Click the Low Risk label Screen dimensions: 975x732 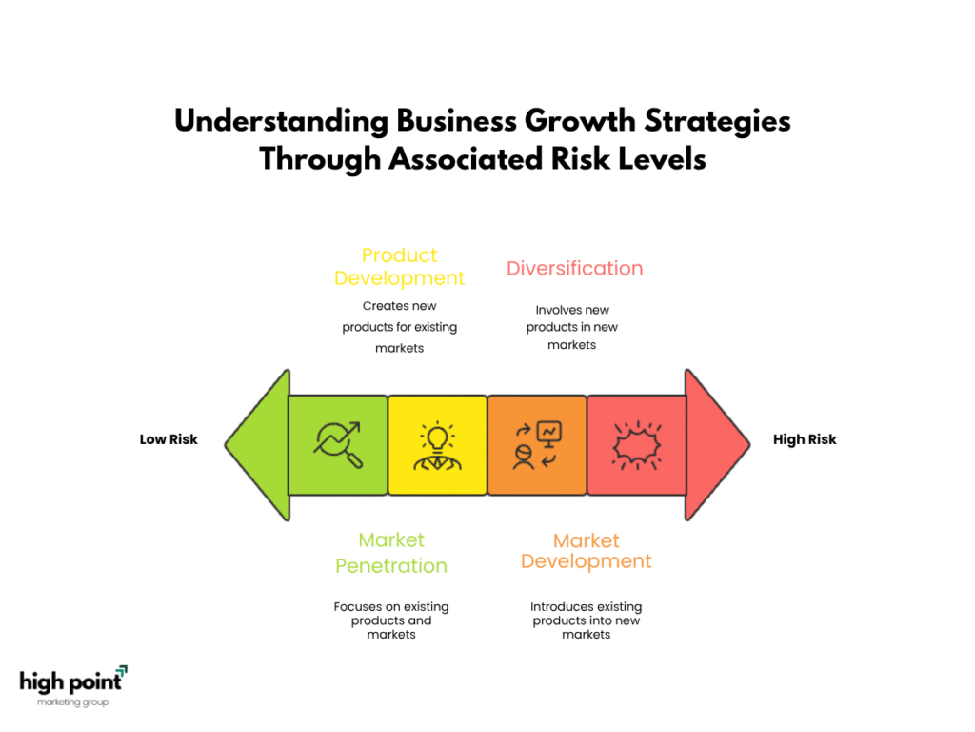169,439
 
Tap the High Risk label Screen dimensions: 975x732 805,439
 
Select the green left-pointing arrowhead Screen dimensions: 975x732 258,444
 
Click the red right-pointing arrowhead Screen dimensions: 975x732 717,444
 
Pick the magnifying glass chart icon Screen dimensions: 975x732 338,444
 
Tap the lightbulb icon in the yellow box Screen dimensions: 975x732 437,445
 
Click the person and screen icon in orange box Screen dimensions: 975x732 537,445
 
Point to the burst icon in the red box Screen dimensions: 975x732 636,445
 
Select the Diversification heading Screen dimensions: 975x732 574,268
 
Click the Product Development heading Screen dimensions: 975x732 399,267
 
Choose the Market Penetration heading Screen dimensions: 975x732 391,553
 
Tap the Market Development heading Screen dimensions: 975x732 586,551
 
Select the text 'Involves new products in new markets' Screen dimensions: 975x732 572,327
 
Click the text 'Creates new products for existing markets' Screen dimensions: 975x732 399,327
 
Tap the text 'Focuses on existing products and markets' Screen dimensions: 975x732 391,620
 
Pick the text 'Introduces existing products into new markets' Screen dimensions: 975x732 586,620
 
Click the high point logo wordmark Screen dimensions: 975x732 72,681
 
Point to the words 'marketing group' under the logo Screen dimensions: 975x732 72,702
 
